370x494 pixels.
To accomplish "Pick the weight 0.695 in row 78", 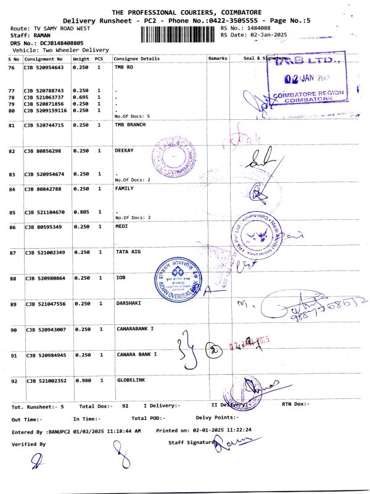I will click(81, 97).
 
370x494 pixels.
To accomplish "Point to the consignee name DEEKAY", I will click(125, 150).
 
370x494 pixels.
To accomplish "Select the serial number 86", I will click(12, 228).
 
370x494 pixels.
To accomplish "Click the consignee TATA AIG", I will click(128, 252).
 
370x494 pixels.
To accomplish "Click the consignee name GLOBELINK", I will click(131, 380).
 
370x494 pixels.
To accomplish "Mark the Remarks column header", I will click(218, 59).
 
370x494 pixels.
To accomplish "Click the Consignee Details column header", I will click(137, 59).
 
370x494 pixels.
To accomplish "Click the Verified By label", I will click(29, 444).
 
